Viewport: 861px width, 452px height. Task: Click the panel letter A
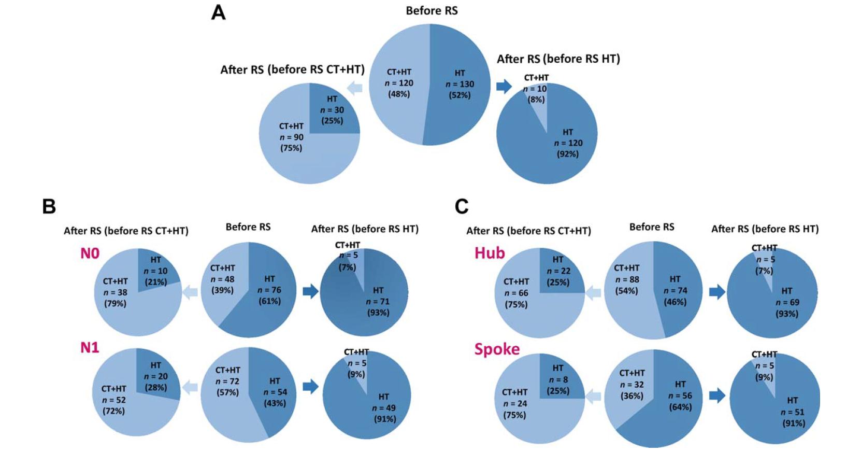[x=218, y=12]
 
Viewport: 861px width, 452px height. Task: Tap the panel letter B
[x=49, y=206]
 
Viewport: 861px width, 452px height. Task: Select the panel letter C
[x=461, y=206]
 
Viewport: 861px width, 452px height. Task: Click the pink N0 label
[x=90, y=253]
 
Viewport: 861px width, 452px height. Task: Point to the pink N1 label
[x=90, y=347]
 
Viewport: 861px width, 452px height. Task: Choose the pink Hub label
[x=490, y=253]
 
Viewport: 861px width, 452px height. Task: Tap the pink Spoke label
[x=497, y=349]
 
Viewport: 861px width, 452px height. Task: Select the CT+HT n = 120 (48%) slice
[x=399, y=83]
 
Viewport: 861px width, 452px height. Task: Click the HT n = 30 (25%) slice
[x=332, y=110]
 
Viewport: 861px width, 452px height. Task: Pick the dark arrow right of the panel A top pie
[x=504, y=86]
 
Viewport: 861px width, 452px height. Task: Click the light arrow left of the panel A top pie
[x=355, y=88]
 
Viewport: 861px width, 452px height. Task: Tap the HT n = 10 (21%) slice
[x=155, y=271]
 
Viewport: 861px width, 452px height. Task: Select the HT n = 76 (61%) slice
[x=269, y=290]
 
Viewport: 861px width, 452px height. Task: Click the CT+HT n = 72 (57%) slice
[x=227, y=382]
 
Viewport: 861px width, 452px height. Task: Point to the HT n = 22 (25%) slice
[x=558, y=271]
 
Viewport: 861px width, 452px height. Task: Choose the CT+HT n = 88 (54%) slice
[x=626, y=280]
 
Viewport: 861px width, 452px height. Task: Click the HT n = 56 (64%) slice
[x=680, y=396]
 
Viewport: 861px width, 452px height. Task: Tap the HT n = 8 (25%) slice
[x=557, y=379]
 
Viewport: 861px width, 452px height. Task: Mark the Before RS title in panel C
[x=652, y=227]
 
